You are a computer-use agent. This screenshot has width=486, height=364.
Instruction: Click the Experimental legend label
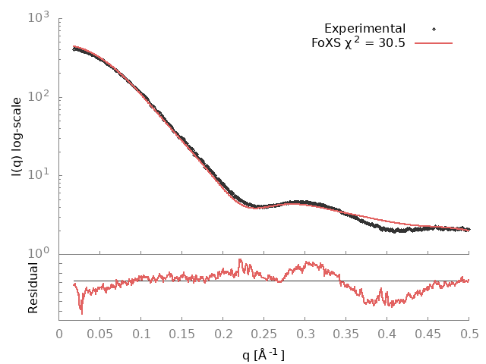[364, 29]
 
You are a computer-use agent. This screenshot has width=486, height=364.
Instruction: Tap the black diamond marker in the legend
[434, 29]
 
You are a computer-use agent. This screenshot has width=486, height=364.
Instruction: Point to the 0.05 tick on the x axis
[100, 333]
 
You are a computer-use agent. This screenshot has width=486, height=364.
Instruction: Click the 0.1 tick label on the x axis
[141, 333]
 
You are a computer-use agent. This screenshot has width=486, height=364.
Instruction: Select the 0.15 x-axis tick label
[182, 333]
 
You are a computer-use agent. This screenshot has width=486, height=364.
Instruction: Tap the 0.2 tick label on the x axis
[223, 333]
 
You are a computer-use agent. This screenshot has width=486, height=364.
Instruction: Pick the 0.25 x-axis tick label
[264, 333]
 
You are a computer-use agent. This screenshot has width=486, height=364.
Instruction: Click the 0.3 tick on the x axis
[305, 333]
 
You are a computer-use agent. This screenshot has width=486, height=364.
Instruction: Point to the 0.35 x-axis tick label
[346, 333]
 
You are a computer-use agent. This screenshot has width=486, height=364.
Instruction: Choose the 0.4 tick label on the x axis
[387, 333]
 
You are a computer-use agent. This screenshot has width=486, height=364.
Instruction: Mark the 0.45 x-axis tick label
[428, 333]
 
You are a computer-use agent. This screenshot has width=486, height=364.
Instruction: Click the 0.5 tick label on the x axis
[469, 333]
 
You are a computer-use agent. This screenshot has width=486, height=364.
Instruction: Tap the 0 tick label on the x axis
[59, 333]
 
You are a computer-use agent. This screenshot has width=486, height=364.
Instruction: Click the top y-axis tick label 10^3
[39, 17]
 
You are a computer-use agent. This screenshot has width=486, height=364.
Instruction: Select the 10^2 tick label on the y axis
[39, 96]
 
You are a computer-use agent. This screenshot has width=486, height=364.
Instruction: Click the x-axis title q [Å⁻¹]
[264, 353]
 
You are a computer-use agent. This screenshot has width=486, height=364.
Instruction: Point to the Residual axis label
[33, 288]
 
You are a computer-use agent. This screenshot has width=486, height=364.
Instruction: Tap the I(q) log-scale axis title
[17, 136]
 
